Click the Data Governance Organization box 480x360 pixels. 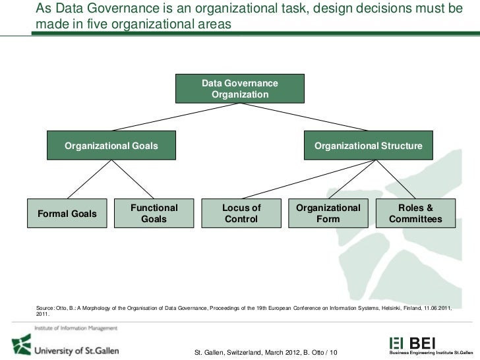(239, 88)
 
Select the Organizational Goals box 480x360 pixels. (111, 146)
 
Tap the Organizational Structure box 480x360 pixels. (369, 146)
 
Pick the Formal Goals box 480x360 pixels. (67, 214)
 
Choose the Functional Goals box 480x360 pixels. (154, 213)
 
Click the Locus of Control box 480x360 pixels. (241, 213)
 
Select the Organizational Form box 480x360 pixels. (328, 213)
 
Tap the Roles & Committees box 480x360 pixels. (415, 213)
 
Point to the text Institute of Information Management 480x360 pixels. (76, 328)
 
